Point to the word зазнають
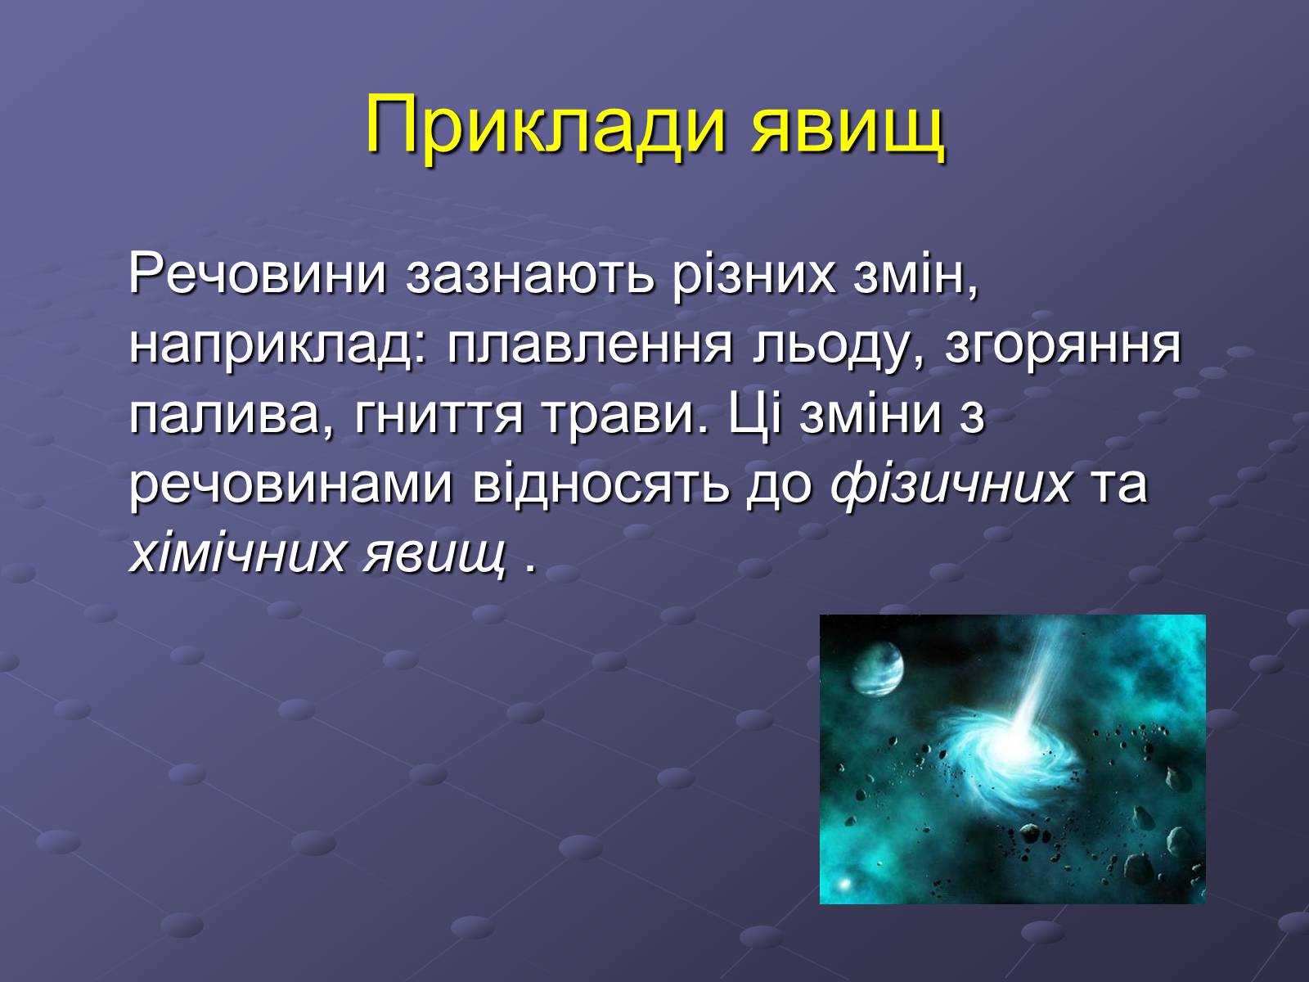click(x=529, y=275)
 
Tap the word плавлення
click(x=590, y=346)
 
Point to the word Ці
click(x=755, y=416)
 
